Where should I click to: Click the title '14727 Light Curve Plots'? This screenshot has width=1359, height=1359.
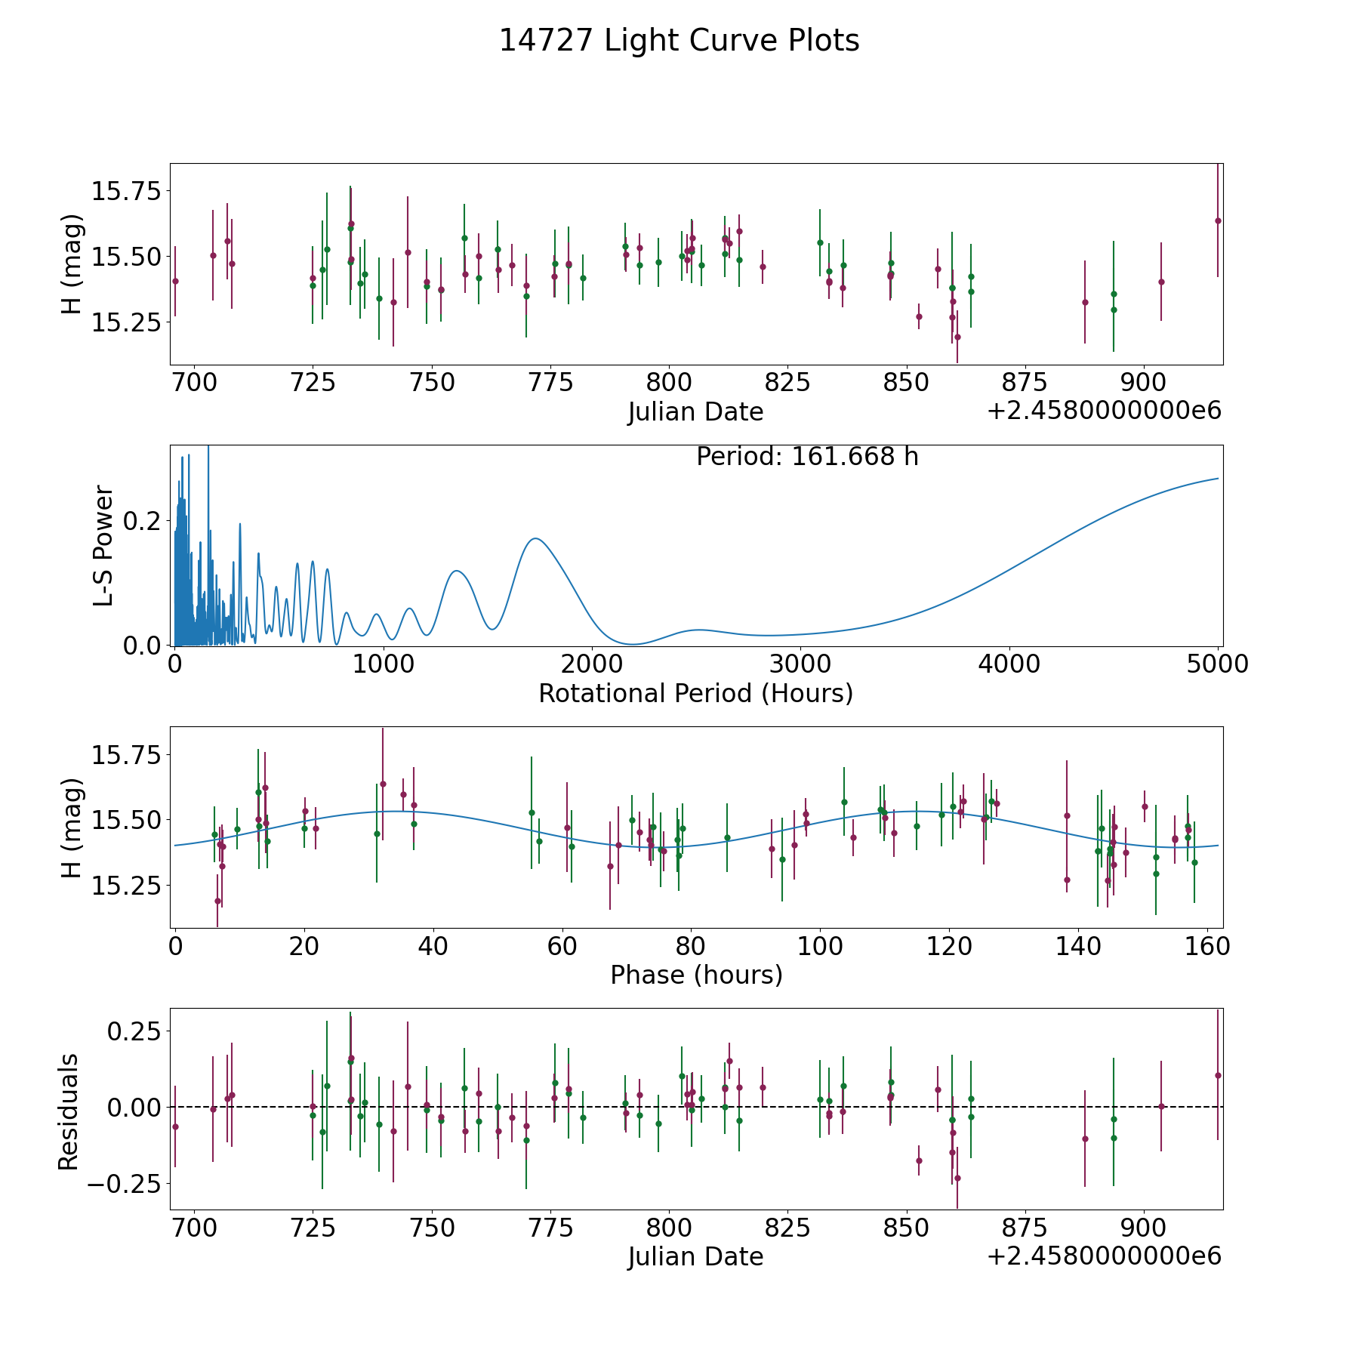click(x=679, y=41)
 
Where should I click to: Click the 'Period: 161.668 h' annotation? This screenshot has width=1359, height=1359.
click(x=807, y=457)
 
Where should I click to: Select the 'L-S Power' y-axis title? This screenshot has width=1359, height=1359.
click(x=103, y=545)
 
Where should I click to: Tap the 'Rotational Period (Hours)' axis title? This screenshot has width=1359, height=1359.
click(x=695, y=693)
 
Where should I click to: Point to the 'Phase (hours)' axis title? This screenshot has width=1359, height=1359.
click(x=696, y=975)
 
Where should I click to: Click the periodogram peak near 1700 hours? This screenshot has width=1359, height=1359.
click(x=535, y=538)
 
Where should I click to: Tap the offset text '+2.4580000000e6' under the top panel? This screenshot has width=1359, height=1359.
click(x=1105, y=411)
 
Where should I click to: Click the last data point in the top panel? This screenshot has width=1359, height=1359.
click(x=1218, y=220)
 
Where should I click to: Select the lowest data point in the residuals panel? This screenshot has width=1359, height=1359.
click(x=957, y=1178)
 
